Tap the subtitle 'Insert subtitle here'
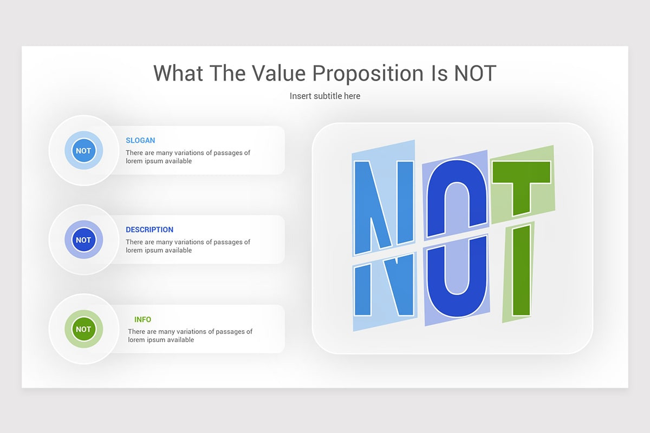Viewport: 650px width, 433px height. click(325, 96)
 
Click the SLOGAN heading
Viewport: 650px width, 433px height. click(140, 140)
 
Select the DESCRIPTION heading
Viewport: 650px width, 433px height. click(149, 229)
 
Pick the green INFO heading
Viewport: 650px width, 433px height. click(142, 319)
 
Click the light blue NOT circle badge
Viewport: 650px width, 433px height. click(83, 150)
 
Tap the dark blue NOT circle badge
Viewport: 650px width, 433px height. click(83, 240)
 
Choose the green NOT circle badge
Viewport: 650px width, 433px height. click(83, 329)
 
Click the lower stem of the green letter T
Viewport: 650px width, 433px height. click(521, 271)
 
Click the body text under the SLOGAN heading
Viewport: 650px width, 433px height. click(188, 157)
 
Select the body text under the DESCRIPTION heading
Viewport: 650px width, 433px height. click(188, 246)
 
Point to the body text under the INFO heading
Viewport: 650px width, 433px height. click(190, 336)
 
